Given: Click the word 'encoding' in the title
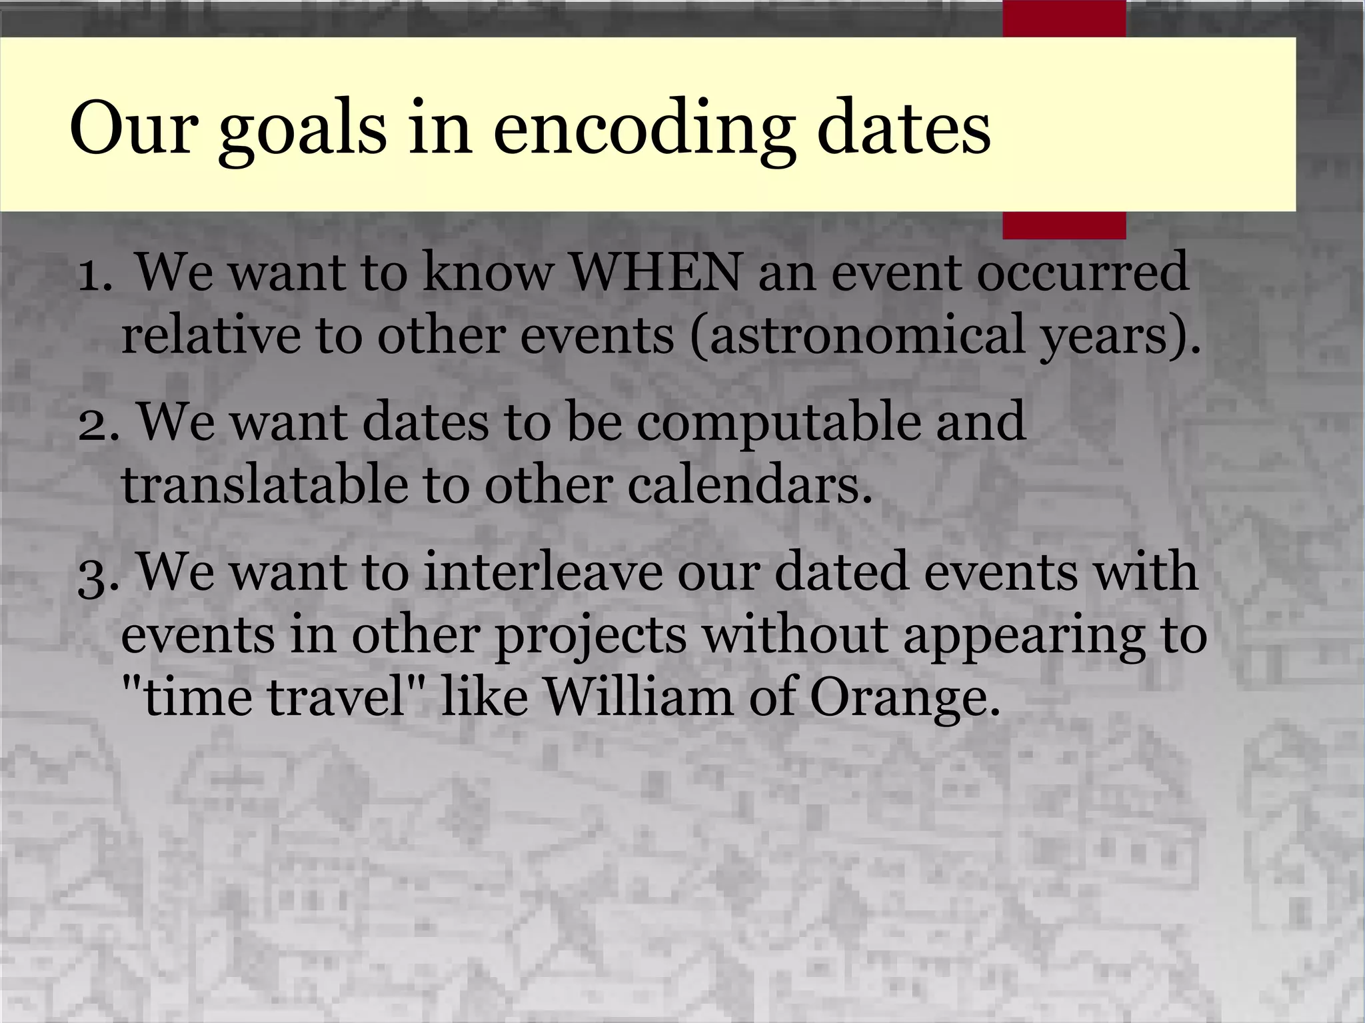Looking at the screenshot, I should (x=644, y=129).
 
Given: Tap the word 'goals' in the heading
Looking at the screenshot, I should (x=302, y=129).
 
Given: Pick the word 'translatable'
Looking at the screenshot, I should (x=264, y=485).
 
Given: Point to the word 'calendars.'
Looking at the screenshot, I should (x=749, y=485).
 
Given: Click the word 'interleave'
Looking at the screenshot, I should (x=543, y=572).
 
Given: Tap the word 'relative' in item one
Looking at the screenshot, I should (x=211, y=335).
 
